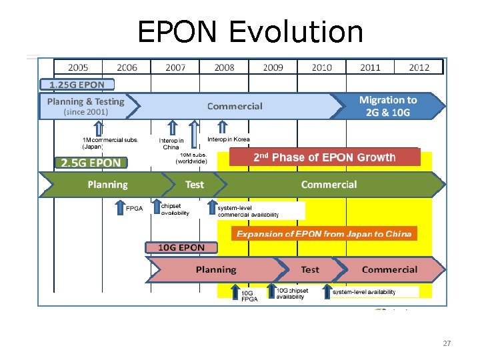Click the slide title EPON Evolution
coord(250,31)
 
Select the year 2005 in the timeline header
coord(78,67)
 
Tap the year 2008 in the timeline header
coord(224,67)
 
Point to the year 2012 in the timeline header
coord(419,67)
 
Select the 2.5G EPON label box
coord(91,163)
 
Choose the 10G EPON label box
coord(181,247)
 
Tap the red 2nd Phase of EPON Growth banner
coord(324,157)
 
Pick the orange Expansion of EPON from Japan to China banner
coord(324,233)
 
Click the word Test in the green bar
coord(194,185)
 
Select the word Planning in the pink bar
coord(215,270)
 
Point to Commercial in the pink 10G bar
coord(389,270)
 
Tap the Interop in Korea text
coord(229,140)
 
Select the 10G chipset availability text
coord(292,294)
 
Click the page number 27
coord(447,343)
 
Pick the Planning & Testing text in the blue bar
coord(85,102)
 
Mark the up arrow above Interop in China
coord(172,128)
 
